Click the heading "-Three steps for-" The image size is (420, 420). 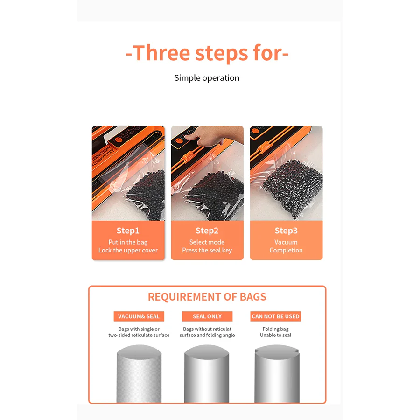coord(207,53)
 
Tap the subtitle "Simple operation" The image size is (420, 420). coord(207,78)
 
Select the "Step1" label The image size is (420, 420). coord(128,231)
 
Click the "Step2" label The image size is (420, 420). coord(207,231)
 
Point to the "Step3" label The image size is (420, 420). coord(286,231)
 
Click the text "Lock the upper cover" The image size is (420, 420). coord(128,250)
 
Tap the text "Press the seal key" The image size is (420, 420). coord(207,250)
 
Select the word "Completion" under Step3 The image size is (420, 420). coord(286,250)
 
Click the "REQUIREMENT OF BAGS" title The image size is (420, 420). coord(207,297)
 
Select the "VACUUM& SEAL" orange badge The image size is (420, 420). coord(139,316)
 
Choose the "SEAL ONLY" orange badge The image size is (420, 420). coord(207,316)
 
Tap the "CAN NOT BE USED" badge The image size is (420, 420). coord(275,316)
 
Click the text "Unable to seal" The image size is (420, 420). coord(275,335)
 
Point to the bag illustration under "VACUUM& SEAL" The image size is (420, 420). coord(139,373)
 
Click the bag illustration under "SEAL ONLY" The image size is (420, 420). coord(207,373)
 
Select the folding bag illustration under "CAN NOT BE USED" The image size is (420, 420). coord(276,373)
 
